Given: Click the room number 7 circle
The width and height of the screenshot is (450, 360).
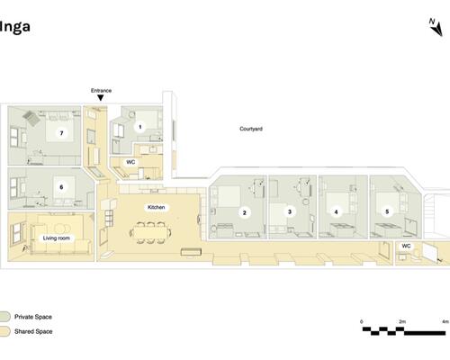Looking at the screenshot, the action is (x=61, y=133).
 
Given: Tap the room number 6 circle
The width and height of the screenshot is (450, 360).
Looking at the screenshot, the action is (x=61, y=187).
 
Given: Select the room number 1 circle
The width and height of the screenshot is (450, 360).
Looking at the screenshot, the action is (x=139, y=127).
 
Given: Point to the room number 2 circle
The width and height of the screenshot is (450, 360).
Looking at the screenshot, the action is (x=244, y=212).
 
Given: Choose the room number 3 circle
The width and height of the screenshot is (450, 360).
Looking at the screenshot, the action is (x=290, y=211).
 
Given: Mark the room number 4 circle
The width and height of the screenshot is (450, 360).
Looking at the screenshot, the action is (x=336, y=212).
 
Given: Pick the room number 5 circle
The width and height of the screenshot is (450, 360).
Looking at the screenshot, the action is (x=387, y=211).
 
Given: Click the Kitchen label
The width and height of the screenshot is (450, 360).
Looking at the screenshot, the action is (x=156, y=207).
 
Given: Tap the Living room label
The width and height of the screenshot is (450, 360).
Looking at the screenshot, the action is (x=57, y=238).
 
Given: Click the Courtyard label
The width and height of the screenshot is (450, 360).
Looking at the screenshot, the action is (x=251, y=129).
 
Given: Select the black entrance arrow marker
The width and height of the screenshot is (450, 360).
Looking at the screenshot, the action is (x=101, y=98).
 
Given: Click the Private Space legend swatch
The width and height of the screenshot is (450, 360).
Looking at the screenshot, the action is (x=4, y=317).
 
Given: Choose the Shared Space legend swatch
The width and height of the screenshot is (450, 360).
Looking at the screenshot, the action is (x=4, y=331).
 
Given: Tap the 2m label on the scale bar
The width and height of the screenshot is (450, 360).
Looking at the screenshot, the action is (x=402, y=321).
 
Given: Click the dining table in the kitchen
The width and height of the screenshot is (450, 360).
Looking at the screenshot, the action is (x=150, y=232).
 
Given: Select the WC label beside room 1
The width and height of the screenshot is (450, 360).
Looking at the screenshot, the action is (x=130, y=162).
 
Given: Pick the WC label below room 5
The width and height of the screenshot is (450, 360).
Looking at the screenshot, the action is (x=406, y=246).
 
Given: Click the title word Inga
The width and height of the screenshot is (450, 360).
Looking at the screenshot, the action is (x=14, y=27).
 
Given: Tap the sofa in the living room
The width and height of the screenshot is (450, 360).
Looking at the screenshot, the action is (x=61, y=247).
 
